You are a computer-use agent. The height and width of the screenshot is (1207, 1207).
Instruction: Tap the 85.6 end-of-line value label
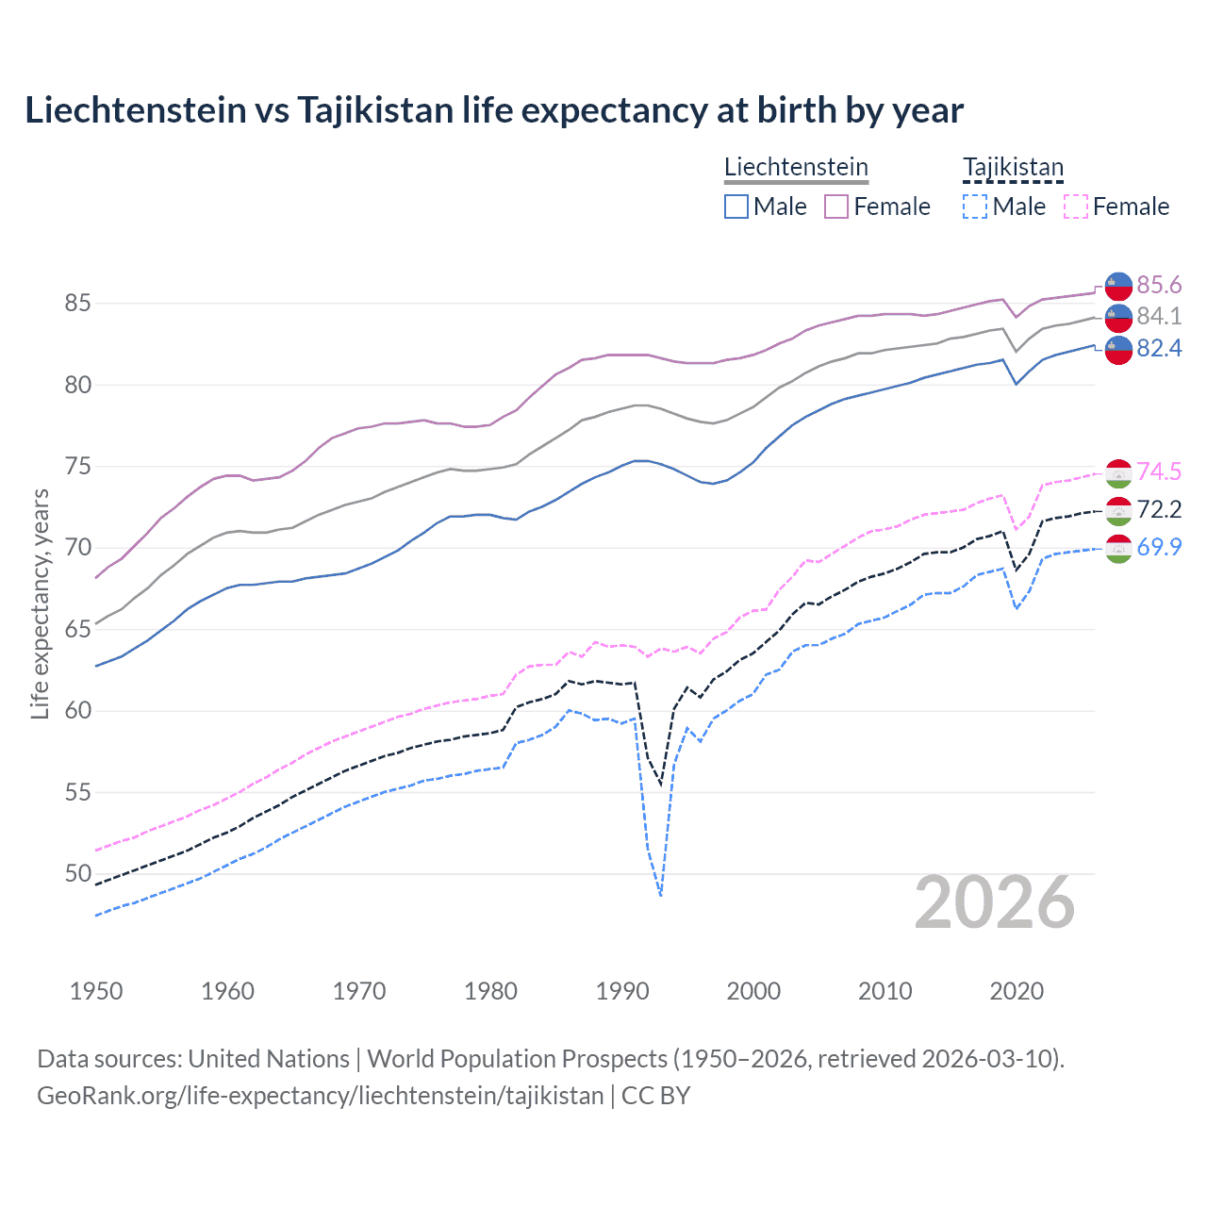coord(1159,285)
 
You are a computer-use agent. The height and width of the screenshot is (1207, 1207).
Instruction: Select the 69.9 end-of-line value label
coord(1159,547)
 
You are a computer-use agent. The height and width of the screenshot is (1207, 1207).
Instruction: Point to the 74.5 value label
coord(1159,471)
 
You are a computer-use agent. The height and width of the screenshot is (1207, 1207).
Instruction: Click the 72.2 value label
coord(1159,509)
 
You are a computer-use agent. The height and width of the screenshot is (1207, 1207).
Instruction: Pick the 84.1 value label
coord(1159,316)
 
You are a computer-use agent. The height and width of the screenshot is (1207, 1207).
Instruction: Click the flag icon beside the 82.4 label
coord(1118,349)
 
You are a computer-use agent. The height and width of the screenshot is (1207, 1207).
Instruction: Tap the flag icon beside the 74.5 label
coord(1118,472)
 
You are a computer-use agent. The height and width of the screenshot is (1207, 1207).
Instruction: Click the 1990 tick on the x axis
coord(622,991)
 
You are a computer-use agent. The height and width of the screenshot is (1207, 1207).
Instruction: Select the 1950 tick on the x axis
coord(96,991)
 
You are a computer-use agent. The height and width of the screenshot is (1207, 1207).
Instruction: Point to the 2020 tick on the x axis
coord(1017,991)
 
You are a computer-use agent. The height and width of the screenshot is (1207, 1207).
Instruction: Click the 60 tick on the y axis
coord(78,710)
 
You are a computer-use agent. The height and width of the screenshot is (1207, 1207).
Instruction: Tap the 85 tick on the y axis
coord(78,303)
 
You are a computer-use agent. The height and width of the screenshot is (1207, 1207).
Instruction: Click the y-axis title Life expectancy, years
coord(40,603)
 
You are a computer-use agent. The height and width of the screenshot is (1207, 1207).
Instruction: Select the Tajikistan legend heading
coord(1013,167)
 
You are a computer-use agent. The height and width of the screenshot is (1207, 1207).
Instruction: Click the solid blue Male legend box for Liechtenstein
coord(736,207)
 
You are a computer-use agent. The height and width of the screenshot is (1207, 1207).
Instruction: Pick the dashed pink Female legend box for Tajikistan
coord(1076,207)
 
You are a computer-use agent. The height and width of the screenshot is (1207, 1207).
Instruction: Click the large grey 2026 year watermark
coord(995,902)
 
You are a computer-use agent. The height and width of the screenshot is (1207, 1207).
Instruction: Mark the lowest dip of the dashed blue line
coord(661,895)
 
